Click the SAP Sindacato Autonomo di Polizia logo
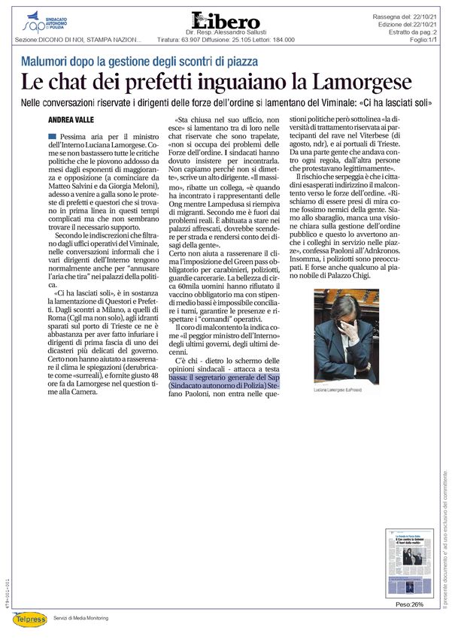pyautogui.click(x=45, y=23)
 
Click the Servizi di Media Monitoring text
pyautogui.click(x=81, y=618)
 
